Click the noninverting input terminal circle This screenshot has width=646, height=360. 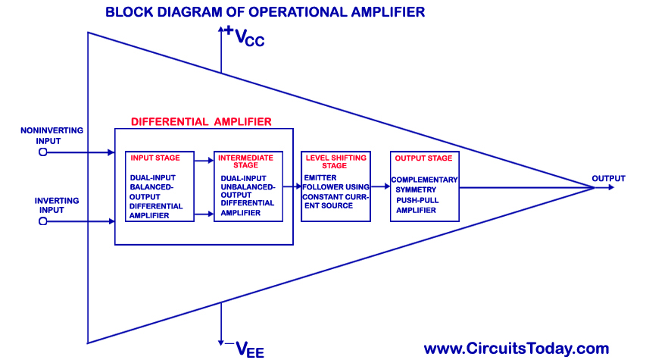tap(42, 152)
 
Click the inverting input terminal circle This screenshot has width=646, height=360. tap(42, 221)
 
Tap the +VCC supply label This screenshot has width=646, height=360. tap(243, 37)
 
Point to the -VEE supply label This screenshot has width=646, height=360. tap(243, 348)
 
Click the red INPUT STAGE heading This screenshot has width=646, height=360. tap(155, 158)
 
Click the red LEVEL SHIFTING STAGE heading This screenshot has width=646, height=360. tap(335, 161)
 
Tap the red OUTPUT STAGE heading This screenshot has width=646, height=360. tap(423, 158)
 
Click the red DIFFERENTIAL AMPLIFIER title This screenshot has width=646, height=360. tap(201, 121)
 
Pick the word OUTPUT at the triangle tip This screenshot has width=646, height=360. tap(608, 179)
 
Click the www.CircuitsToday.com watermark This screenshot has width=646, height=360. tap(516, 349)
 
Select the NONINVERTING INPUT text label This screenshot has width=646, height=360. tap(51, 136)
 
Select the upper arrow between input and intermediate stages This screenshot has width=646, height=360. tap(204, 161)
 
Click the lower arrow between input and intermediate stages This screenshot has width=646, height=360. tap(204, 214)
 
